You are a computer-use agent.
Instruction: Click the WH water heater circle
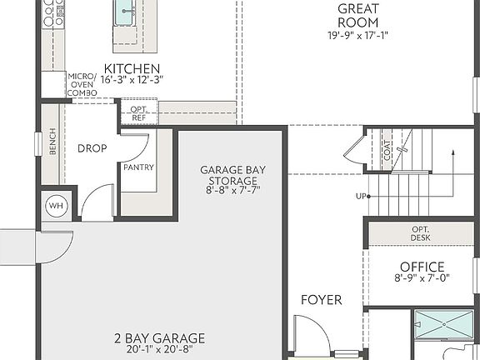point(57,206)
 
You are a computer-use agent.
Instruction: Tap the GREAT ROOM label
point(358,16)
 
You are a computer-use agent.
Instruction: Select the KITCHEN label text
point(132,67)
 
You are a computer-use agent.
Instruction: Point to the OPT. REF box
point(137,112)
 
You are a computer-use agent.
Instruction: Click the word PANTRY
point(137,167)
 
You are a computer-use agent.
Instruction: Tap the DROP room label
point(92,148)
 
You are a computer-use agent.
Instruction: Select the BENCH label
point(52,142)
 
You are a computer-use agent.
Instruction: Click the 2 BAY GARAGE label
point(159,337)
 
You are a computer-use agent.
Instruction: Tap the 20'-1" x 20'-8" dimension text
point(159,350)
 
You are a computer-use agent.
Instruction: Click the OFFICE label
point(422,267)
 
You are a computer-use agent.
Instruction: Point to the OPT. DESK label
point(421,233)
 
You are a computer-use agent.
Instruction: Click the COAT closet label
point(387,150)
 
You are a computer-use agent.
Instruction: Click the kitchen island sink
point(126,13)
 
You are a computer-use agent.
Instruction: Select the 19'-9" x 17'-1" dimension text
point(358,35)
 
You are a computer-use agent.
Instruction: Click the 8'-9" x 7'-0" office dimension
point(422,279)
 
